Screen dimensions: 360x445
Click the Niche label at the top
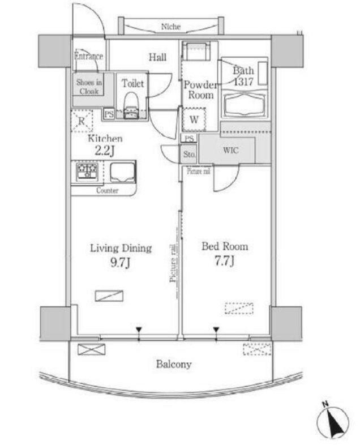point(171,27)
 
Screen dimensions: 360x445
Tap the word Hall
point(157,57)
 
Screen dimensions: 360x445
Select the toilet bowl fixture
point(131,105)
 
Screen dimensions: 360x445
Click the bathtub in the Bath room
point(244,104)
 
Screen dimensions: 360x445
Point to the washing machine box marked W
point(194,119)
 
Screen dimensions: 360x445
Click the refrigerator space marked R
point(82,121)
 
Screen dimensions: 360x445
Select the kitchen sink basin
point(122,172)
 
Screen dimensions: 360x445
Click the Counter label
point(107,190)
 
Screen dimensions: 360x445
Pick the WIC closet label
point(230,150)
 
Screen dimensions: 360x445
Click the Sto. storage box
point(188,154)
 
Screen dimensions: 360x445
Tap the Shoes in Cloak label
point(89,87)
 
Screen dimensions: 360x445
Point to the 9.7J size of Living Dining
point(121,263)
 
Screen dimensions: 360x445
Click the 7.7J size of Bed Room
point(225,261)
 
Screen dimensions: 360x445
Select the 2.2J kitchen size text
point(104,151)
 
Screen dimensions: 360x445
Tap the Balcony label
point(174,364)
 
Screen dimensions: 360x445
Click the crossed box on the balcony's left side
point(91,349)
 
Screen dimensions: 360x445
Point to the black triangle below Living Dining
point(139,330)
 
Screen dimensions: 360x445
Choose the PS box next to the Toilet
point(109,114)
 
